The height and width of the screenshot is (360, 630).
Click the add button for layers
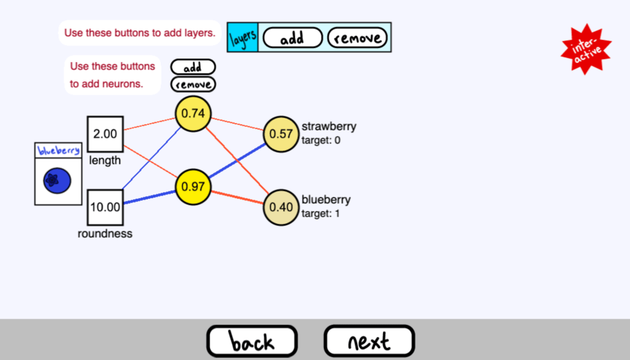coord(293,38)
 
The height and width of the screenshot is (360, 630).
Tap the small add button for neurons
coord(193,67)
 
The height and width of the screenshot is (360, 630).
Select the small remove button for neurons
coord(193,84)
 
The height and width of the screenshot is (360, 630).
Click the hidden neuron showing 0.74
coord(193,113)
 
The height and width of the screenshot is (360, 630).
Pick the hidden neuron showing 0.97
coord(193,186)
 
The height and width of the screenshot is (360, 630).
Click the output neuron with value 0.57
coord(281,134)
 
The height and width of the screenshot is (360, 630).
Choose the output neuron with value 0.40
coord(281,207)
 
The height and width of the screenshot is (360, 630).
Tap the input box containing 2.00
coord(105,134)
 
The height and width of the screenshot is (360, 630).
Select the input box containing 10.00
coord(105,207)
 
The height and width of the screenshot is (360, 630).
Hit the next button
coord(370,341)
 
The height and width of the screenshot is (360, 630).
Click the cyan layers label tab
coord(243,38)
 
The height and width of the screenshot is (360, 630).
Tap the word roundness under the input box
coord(105,234)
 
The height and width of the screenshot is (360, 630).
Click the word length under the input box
coord(105,161)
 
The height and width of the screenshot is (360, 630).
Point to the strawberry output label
coord(329,127)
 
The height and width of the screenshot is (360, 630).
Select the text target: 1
coord(321,214)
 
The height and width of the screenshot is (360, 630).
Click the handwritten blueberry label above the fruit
coord(59,150)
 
